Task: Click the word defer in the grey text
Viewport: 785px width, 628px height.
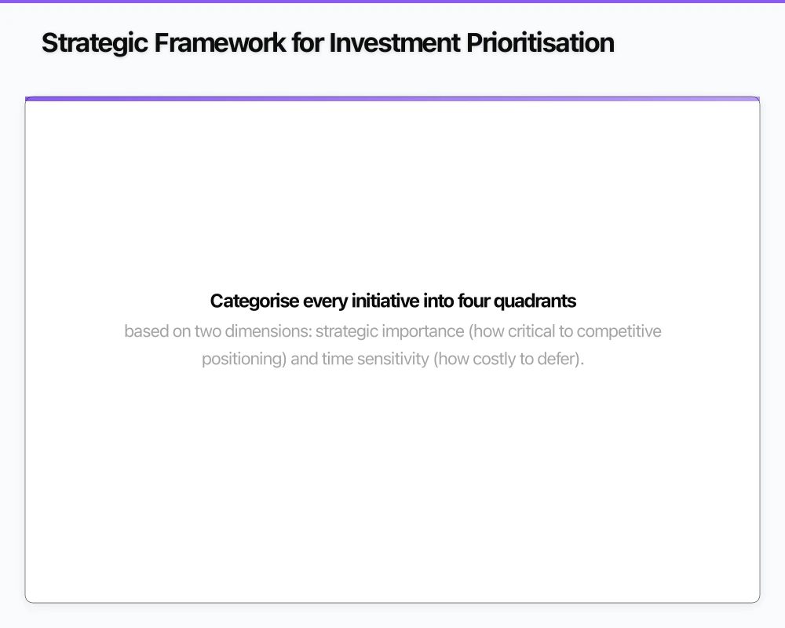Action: click(x=565, y=360)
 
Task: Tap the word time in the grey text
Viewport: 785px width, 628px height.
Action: click(x=338, y=360)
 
